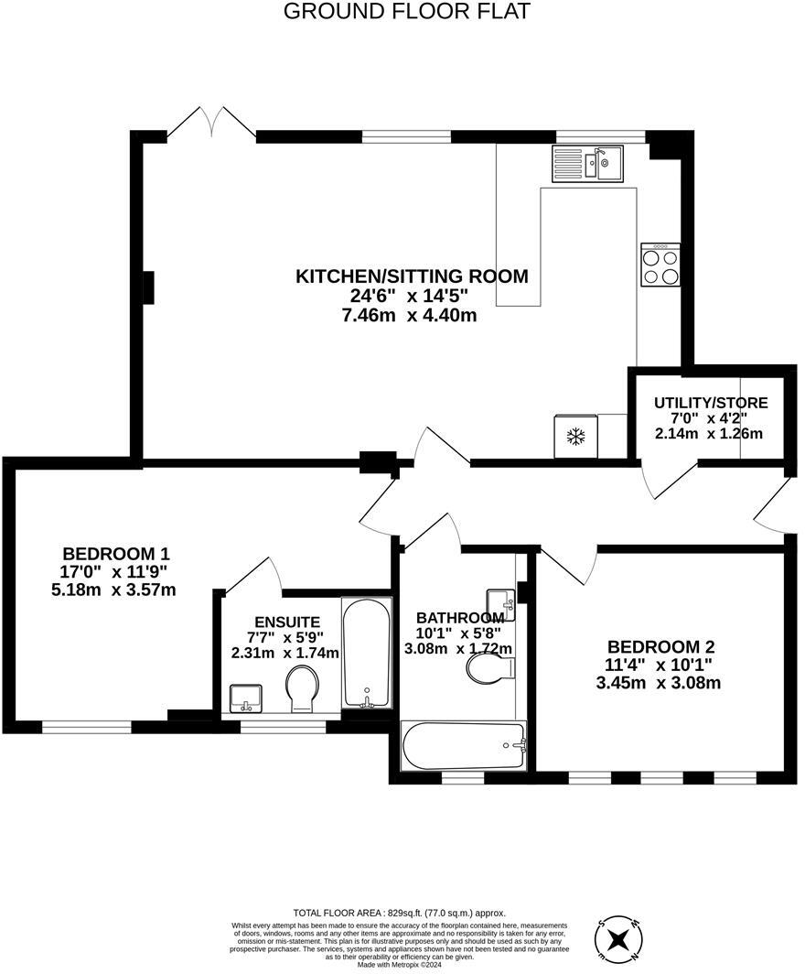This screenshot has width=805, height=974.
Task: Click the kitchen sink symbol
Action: (x=587, y=164)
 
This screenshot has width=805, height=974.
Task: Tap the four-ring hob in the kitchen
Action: (x=660, y=265)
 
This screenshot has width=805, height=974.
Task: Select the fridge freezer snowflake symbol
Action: (x=575, y=437)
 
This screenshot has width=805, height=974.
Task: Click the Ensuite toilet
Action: (x=302, y=688)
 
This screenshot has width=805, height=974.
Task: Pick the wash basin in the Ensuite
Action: (x=245, y=698)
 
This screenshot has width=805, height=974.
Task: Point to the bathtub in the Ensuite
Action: (x=366, y=653)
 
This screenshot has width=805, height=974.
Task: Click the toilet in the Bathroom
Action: (x=488, y=669)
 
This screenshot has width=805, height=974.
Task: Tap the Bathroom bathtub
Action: (x=464, y=746)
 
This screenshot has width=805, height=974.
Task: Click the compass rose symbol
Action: (x=619, y=940)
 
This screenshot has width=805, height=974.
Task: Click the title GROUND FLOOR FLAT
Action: (x=406, y=11)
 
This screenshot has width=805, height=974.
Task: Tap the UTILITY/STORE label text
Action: (x=710, y=403)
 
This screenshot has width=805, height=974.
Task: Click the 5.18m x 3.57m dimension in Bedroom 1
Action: (x=113, y=590)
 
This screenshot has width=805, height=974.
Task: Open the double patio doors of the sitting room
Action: (x=211, y=124)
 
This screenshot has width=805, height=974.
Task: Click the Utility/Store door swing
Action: (x=668, y=481)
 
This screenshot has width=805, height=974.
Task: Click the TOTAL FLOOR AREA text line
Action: (x=399, y=913)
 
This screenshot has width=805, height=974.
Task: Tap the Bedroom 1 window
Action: (x=87, y=727)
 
